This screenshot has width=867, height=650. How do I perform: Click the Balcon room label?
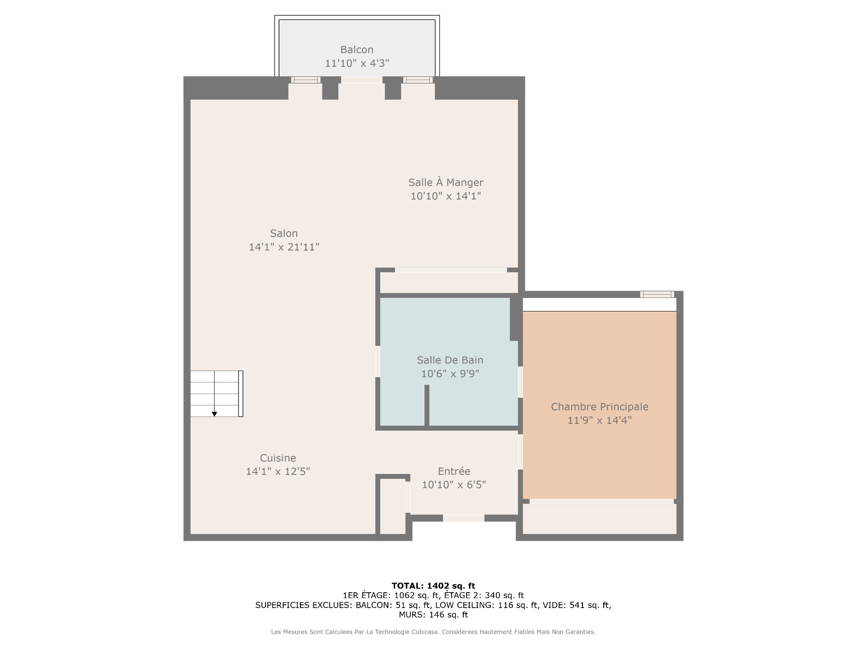[357, 50]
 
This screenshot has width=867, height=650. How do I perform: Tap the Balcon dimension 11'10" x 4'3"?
[357, 63]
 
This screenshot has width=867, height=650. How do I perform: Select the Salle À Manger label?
[446, 182]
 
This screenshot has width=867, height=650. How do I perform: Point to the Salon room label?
[284, 233]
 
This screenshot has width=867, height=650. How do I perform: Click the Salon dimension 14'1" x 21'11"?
[284, 247]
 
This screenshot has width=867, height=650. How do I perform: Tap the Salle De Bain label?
[450, 360]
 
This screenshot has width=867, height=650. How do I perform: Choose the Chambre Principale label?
[600, 407]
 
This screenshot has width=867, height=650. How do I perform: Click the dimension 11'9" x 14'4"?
[600, 420]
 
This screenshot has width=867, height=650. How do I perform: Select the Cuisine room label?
[278, 458]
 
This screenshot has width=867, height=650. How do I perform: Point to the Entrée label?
[454, 471]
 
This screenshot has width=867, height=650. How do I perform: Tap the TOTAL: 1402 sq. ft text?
[433, 586]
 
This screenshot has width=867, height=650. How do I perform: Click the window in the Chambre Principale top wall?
[657, 294]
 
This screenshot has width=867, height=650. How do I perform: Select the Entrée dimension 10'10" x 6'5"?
[454, 485]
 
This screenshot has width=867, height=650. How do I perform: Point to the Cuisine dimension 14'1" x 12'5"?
[278, 472]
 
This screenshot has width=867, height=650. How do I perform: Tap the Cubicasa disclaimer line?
[433, 632]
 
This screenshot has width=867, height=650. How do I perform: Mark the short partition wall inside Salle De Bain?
[427, 405]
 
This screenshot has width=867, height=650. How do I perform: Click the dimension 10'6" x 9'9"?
[450, 374]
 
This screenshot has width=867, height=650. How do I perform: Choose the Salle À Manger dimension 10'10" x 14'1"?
[446, 196]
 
